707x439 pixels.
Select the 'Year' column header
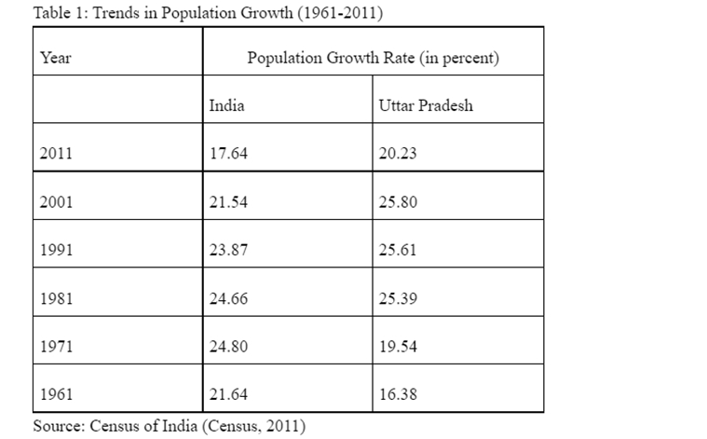pos(56,58)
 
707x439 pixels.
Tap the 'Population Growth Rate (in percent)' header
pos(373,58)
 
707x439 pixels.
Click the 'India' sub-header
pos(226,105)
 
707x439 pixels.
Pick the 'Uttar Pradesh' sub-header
pos(426,105)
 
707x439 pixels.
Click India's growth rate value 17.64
pos(228,154)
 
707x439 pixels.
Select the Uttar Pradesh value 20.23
pos(399,154)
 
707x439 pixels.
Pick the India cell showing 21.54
pos(228,202)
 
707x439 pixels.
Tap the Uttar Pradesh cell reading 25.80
pos(399,202)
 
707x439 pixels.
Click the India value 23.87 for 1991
pos(228,250)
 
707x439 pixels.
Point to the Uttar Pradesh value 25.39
pos(399,298)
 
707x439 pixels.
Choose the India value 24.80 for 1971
pos(228,347)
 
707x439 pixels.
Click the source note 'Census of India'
pos(169,426)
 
